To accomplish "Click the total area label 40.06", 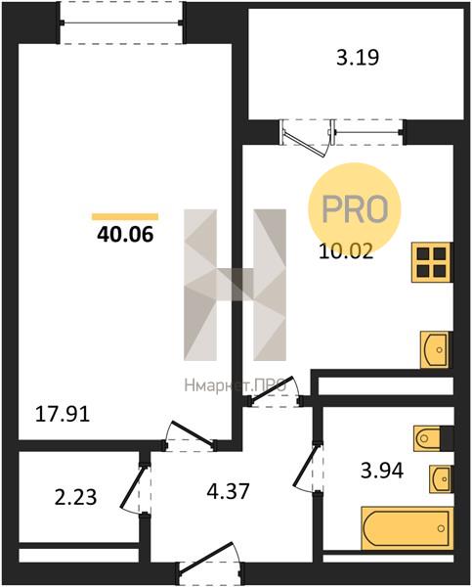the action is pos(125,235).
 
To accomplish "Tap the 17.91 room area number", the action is pos(63,415).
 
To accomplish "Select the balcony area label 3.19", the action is pos(358,58).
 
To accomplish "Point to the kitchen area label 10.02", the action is pos(346,252).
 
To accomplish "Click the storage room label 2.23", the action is pos(75,498).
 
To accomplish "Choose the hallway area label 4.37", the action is pos(228,491).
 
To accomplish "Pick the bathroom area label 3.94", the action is pos(382,471).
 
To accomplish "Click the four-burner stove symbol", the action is pos(432,262).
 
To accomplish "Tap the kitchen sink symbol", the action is pos(436,349).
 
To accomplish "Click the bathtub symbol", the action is pos(408,528).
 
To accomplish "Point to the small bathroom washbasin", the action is pos(441,479).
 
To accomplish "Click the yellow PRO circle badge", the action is pos(354,208).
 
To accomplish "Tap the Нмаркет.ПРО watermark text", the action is pos(236,385).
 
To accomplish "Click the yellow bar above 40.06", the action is pos(125,216).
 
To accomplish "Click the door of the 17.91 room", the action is pos(190,435).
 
